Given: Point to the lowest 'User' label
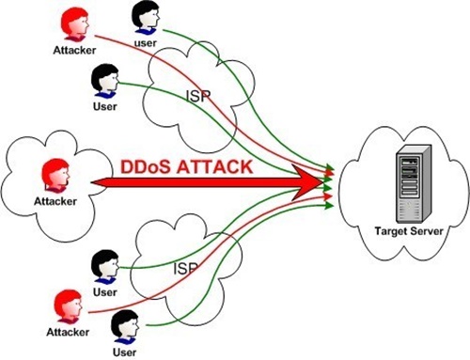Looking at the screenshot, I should [x=123, y=352].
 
